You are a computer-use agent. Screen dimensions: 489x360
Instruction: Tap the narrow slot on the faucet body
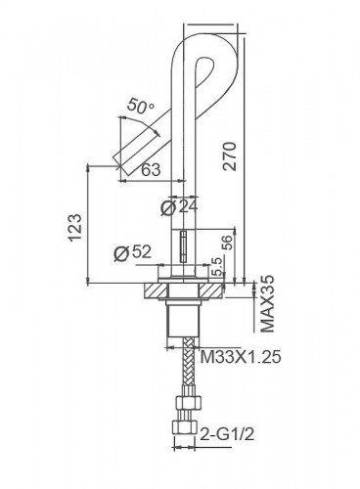183,244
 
